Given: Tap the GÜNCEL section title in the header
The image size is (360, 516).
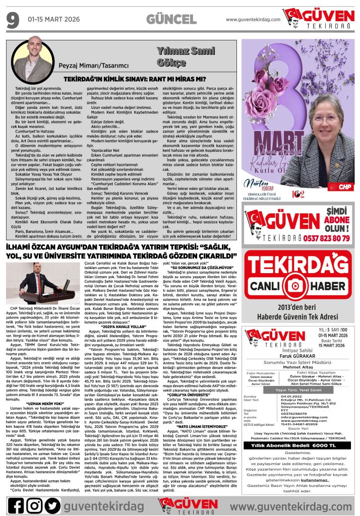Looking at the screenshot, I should (168, 20).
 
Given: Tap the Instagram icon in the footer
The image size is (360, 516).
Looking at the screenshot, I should (34, 502).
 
